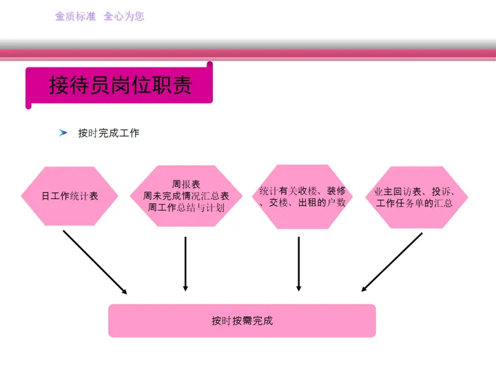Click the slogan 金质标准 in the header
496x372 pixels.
click(76, 16)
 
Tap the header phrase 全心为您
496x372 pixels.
click(124, 16)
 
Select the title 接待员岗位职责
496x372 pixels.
click(120, 85)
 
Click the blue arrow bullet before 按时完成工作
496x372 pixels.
click(63, 132)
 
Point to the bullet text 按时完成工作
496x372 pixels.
click(108, 133)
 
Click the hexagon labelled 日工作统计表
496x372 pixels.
click(70, 196)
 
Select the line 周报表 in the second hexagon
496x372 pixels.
click(186, 185)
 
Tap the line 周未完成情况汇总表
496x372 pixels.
click(186, 196)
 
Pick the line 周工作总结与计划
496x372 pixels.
click(186, 207)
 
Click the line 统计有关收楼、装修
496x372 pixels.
click(302, 191)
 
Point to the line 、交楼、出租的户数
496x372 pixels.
click(302, 203)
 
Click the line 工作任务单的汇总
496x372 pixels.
click(414, 203)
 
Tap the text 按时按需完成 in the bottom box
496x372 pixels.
click(242, 321)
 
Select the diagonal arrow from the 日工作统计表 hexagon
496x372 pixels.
click(95, 262)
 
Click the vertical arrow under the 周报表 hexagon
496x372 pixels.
click(185, 264)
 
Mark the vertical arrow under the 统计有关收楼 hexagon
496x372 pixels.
click(298, 264)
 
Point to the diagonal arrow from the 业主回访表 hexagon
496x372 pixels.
click(392, 262)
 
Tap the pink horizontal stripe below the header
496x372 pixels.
click(248, 52)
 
